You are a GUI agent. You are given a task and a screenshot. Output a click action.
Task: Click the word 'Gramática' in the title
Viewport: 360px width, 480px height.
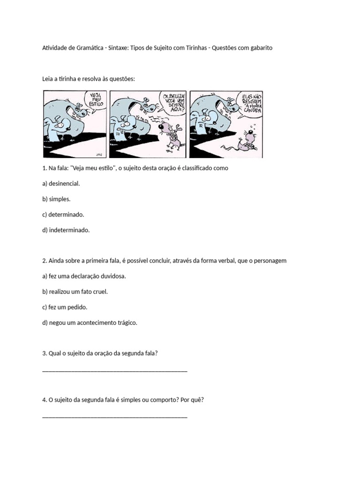(x=87, y=48)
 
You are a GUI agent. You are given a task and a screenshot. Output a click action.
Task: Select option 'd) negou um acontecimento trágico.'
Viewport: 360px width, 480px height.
(x=90, y=322)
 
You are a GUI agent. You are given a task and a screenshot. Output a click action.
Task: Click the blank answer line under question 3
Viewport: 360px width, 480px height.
(x=115, y=370)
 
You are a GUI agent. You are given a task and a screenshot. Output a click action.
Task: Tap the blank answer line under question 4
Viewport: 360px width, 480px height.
(x=115, y=416)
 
